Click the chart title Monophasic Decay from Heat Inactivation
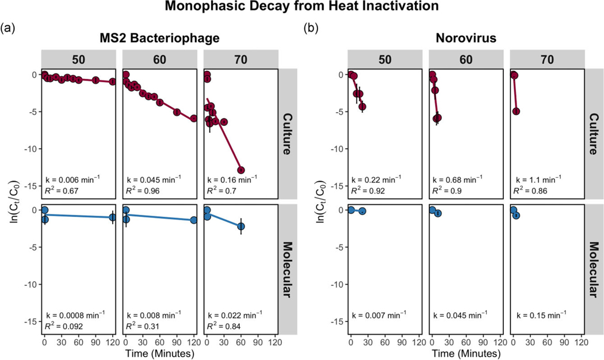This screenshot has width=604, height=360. pos(301,7)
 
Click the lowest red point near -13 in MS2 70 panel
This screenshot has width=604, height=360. pos(241,170)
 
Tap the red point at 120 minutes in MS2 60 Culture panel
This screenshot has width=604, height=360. pos(194,118)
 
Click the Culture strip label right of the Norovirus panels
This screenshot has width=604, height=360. pos(594,134)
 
